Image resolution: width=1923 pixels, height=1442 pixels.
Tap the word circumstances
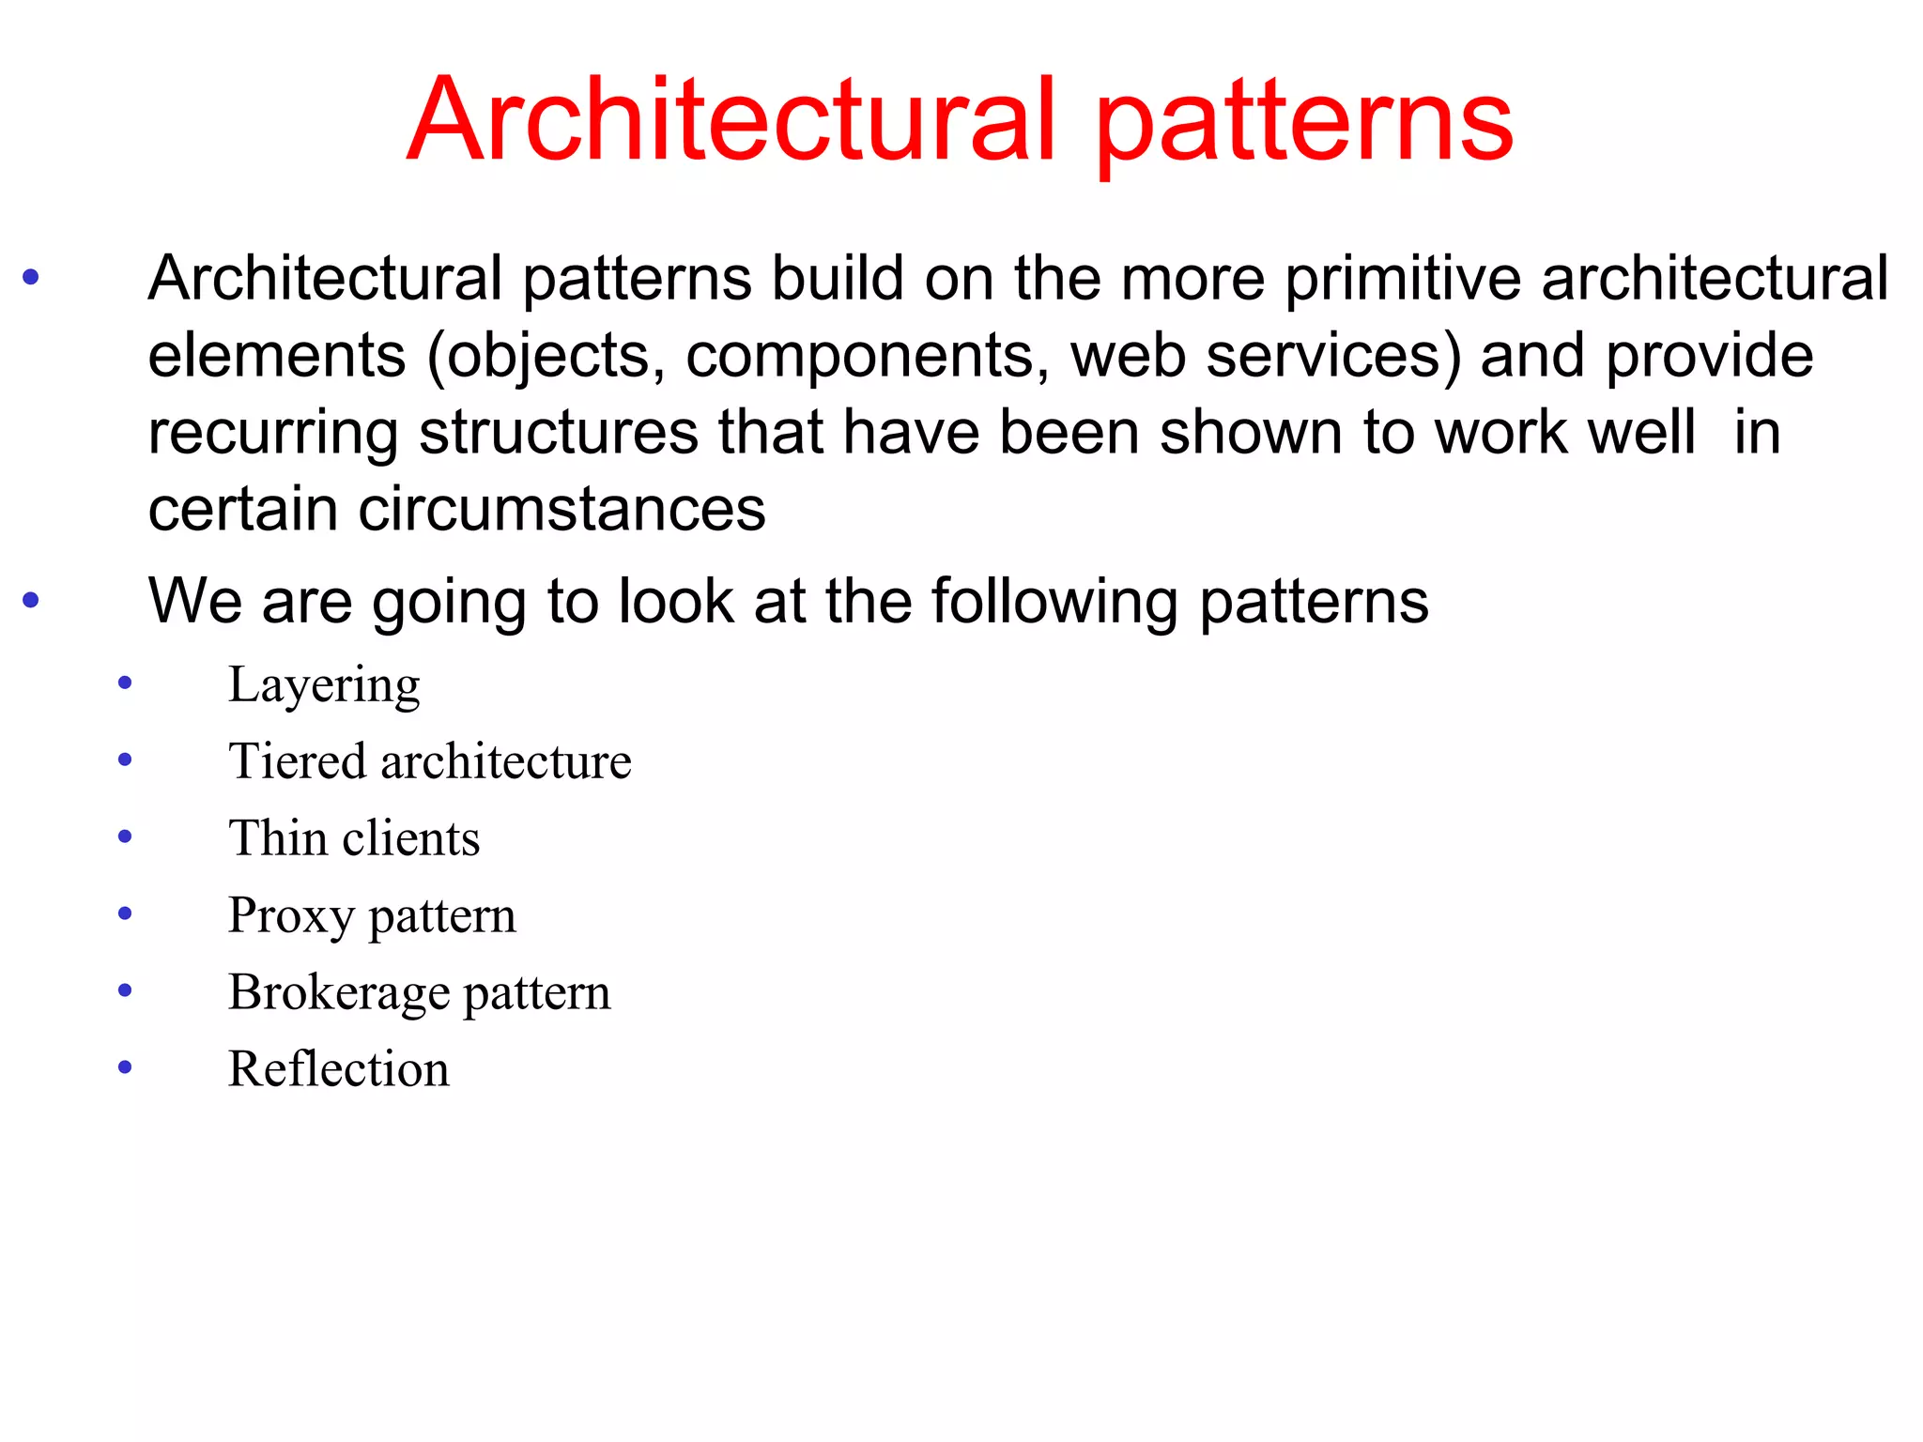562,510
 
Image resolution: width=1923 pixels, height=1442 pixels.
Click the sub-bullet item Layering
324,685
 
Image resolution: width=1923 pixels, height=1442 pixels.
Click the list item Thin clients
354,837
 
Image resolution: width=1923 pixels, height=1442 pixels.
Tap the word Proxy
291,915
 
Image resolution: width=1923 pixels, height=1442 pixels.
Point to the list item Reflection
338,1069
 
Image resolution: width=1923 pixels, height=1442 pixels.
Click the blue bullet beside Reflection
125,1067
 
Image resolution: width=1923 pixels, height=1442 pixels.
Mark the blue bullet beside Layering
125,683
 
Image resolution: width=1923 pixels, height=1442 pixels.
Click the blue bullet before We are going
31,599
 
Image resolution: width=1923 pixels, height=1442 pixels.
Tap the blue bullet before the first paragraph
31,277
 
